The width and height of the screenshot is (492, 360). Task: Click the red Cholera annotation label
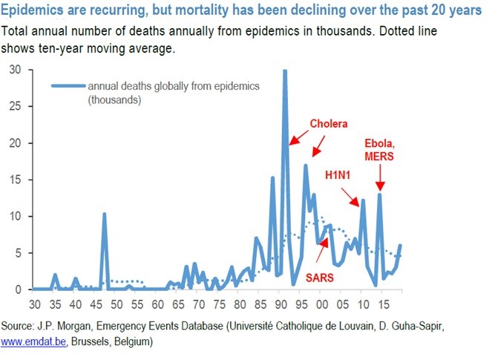(x=328, y=123)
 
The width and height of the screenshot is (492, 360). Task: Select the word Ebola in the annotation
(x=379, y=143)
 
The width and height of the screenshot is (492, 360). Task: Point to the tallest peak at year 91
(x=285, y=72)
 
